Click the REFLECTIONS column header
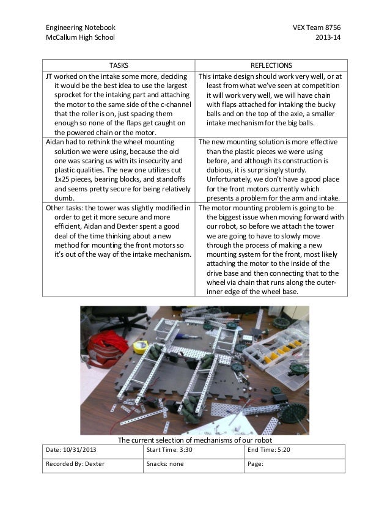pyautogui.click(x=271, y=65)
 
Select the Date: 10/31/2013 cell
pyautogui.click(x=71, y=450)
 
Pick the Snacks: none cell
pyautogui.click(x=165, y=464)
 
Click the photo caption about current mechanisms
pyautogui.click(x=194, y=440)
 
